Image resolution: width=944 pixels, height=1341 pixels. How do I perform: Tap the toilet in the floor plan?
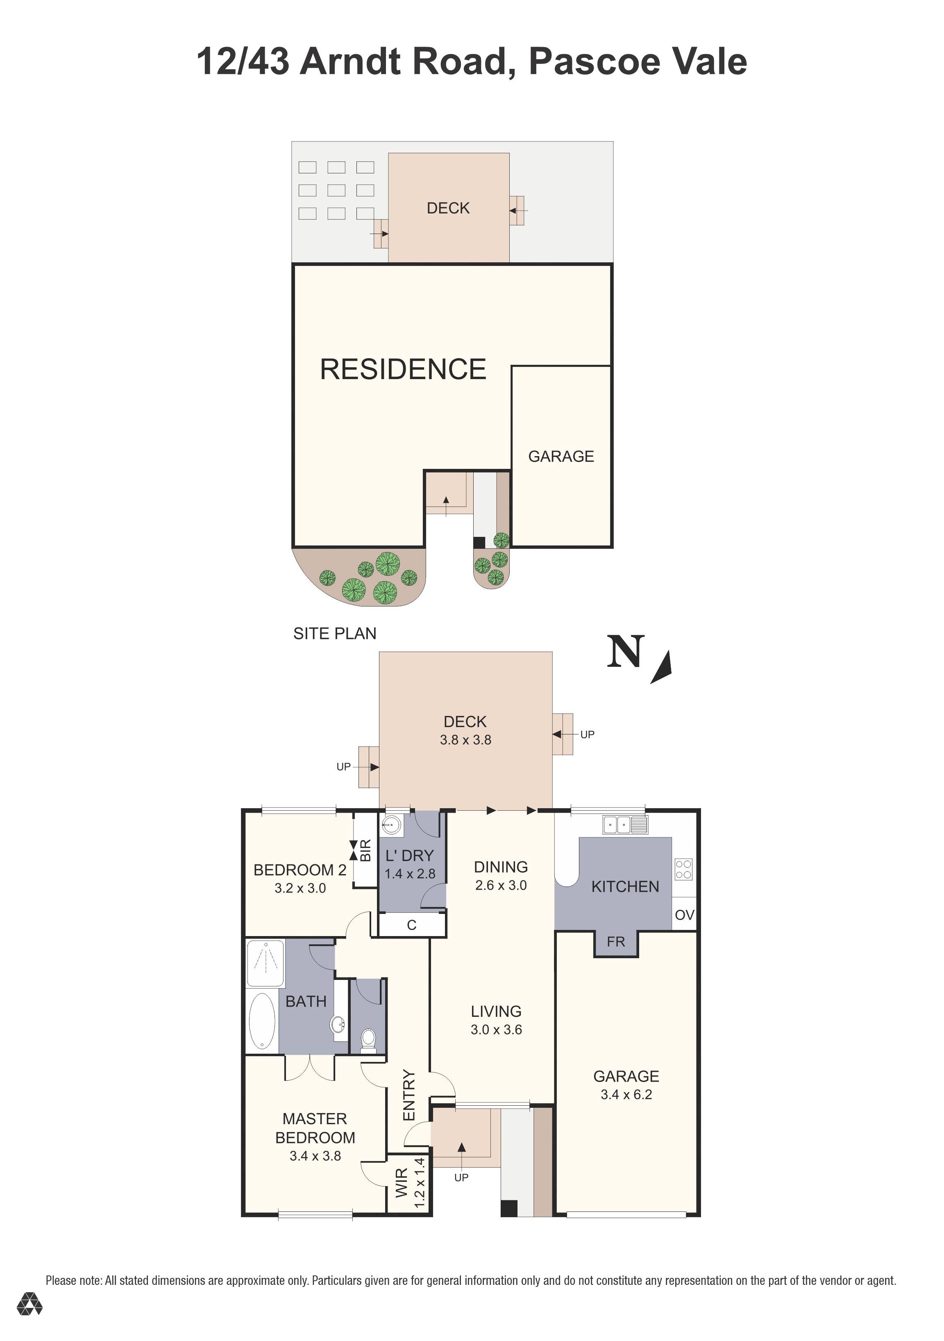pyautogui.click(x=368, y=1040)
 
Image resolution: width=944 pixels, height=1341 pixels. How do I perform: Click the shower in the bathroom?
pyautogui.click(x=265, y=963)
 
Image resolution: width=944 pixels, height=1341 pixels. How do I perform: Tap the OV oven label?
pyautogui.click(x=684, y=915)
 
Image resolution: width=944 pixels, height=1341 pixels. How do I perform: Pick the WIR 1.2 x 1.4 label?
pyautogui.click(x=411, y=1184)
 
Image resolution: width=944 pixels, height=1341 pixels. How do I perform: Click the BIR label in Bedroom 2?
pyautogui.click(x=366, y=850)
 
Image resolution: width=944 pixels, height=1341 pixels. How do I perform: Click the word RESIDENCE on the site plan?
pyautogui.click(x=403, y=369)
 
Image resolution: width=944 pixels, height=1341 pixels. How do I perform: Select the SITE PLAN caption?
pyautogui.click(x=334, y=633)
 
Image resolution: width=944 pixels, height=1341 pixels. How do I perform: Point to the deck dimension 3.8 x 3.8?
pyautogui.click(x=465, y=740)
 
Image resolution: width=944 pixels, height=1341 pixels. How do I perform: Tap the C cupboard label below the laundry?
pyautogui.click(x=412, y=925)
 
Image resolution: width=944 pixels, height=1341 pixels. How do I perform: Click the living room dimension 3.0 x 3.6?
pyautogui.click(x=496, y=1030)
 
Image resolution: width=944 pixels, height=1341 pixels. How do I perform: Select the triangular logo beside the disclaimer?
pyautogui.click(x=29, y=1320)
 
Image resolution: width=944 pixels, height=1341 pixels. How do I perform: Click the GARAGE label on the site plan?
pyautogui.click(x=561, y=456)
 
